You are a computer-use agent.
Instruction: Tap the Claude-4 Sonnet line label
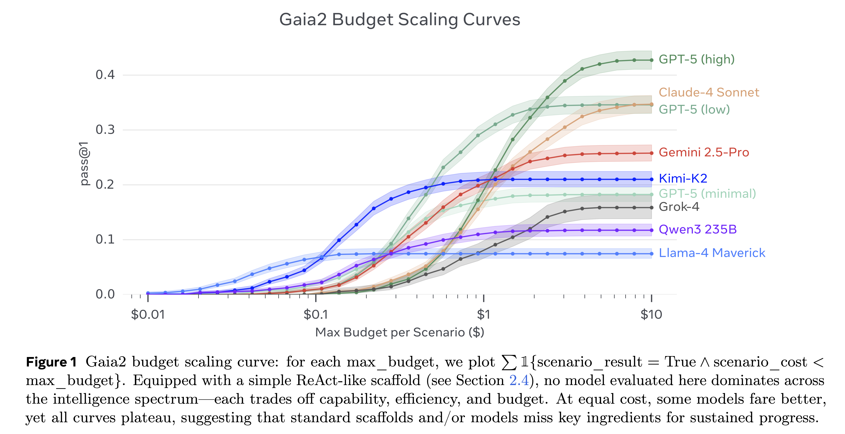(x=709, y=92)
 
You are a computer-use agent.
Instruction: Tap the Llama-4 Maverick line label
(x=712, y=253)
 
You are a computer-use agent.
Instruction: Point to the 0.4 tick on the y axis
(x=105, y=75)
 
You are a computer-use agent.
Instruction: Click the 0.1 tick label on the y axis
(x=105, y=240)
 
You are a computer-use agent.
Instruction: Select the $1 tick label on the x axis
(x=483, y=315)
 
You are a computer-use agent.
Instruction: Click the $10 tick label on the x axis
(x=651, y=315)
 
